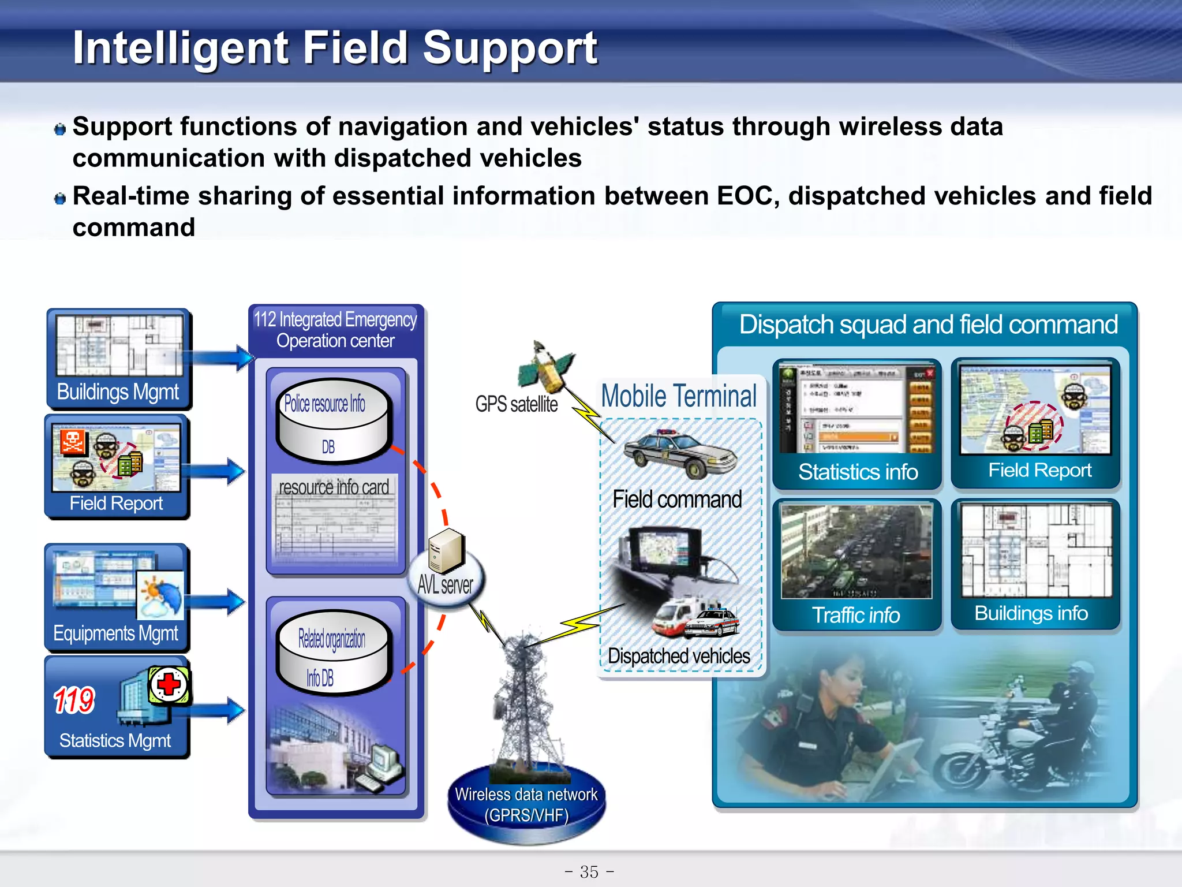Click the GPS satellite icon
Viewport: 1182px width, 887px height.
click(x=545, y=367)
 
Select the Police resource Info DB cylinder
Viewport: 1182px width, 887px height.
click(x=334, y=420)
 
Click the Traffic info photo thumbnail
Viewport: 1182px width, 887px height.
click(x=856, y=551)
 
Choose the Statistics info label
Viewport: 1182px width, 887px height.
click(x=858, y=472)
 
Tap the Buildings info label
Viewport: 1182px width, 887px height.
click(x=1031, y=613)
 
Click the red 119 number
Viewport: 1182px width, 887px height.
click(x=74, y=700)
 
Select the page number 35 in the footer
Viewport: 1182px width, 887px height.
click(x=589, y=871)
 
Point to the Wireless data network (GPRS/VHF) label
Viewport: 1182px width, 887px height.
click(x=526, y=804)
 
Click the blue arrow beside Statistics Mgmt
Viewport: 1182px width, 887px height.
click(x=216, y=710)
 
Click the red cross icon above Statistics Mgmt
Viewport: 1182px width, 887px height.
click(x=169, y=685)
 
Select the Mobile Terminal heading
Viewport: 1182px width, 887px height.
click(x=679, y=396)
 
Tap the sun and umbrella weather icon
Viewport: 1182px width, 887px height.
click(x=160, y=595)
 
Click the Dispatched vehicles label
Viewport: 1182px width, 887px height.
click(x=679, y=656)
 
